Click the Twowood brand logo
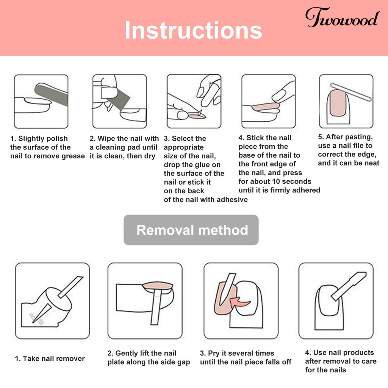[342, 17]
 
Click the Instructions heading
[193, 30]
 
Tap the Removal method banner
[191, 230]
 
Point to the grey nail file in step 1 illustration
[51, 94]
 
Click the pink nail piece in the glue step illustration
[197, 116]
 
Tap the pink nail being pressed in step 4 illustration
[266, 107]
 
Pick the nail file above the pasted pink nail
[351, 92]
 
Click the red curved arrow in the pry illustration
[239, 302]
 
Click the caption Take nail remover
[50, 358]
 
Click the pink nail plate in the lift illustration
[158, 286]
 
